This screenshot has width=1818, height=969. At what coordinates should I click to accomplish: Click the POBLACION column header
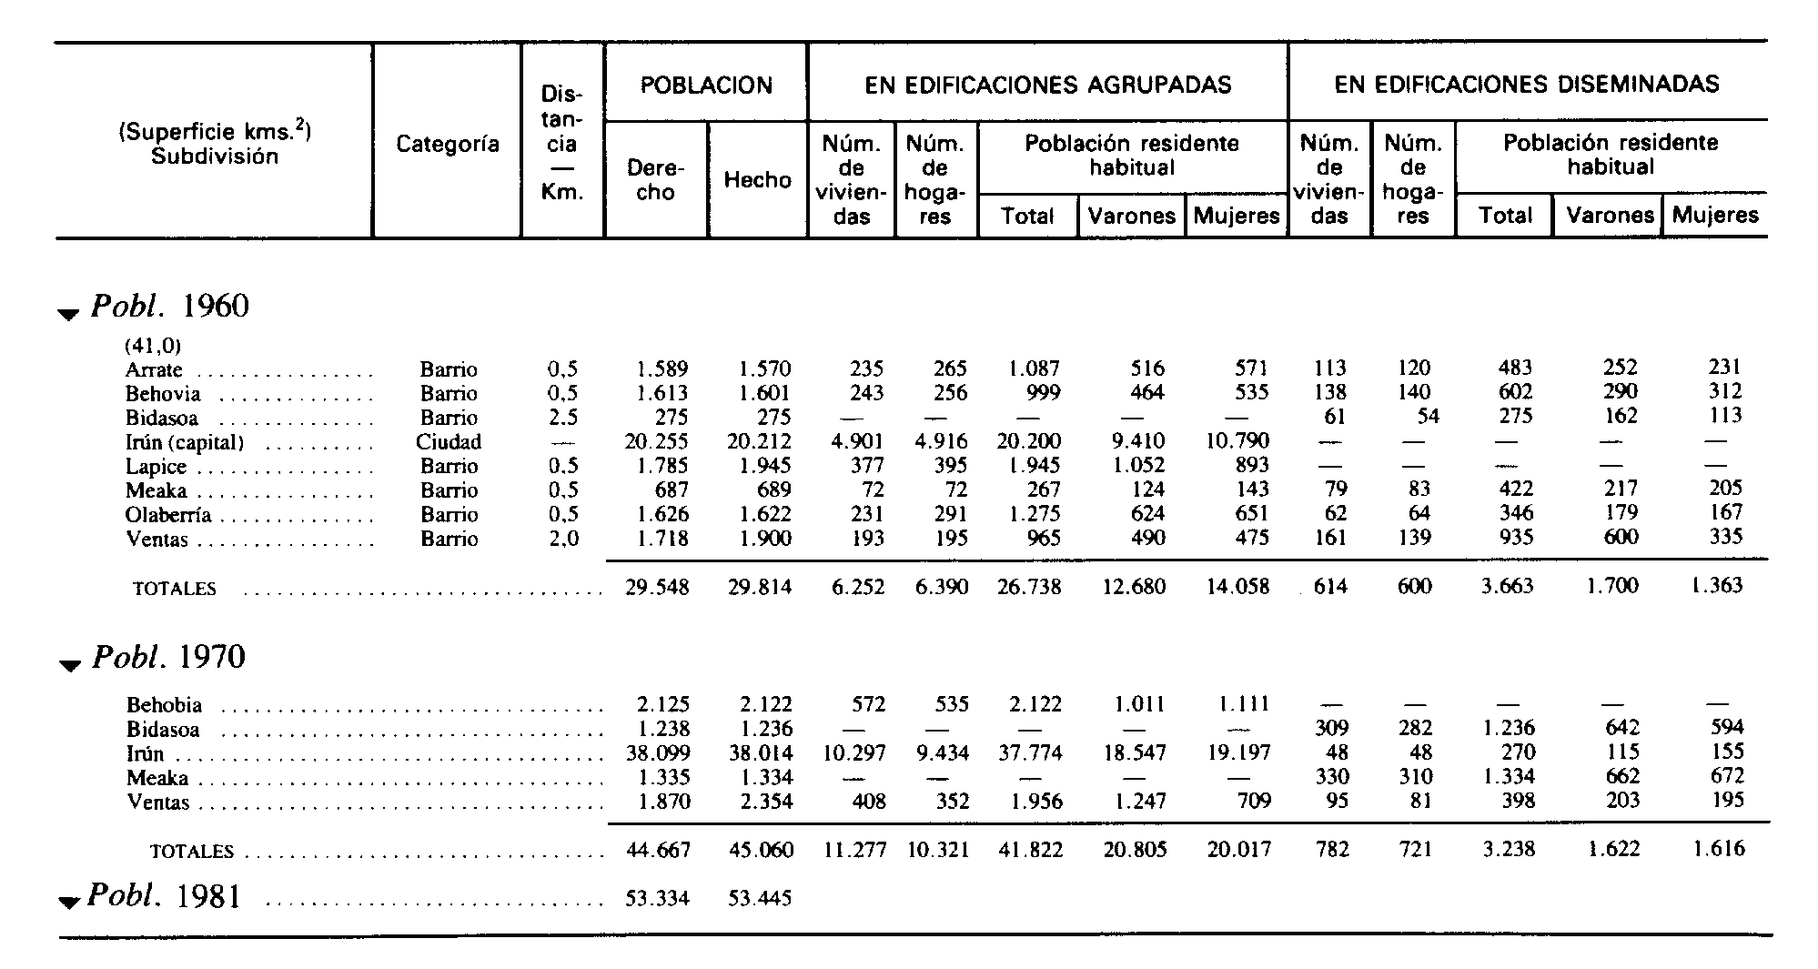pos(706,86)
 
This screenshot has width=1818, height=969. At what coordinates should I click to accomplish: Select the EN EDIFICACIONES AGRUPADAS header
pos(1048,86)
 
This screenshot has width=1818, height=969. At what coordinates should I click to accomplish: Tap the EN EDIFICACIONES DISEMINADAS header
pos(1527,85)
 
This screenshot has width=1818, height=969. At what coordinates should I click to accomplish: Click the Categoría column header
pos(448,144)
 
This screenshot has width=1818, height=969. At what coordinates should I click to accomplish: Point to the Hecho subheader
pos(758,180)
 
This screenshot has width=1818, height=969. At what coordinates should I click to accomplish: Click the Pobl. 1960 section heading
pos(169,307)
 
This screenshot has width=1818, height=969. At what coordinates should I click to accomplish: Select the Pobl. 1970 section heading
pos(168,657)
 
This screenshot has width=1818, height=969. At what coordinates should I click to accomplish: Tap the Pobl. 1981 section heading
pos(165,897)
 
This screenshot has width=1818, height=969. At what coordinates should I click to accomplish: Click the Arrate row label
pos(154,370)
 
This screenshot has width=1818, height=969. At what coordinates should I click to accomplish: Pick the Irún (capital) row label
pos(185,443)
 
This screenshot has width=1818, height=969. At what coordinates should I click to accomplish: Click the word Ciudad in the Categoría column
pos(449,442)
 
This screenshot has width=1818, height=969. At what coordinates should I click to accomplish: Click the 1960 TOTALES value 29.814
pos(760,588)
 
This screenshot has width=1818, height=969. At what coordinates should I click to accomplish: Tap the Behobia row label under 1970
pos(165,705)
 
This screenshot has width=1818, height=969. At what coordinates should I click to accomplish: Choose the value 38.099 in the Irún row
pos(657,753)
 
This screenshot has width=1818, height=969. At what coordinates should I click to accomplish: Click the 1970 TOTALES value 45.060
pos(761,851)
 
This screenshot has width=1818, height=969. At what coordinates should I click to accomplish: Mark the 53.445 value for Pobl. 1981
pos(760,899)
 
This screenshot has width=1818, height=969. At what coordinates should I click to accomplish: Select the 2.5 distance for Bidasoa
pos(562,419)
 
